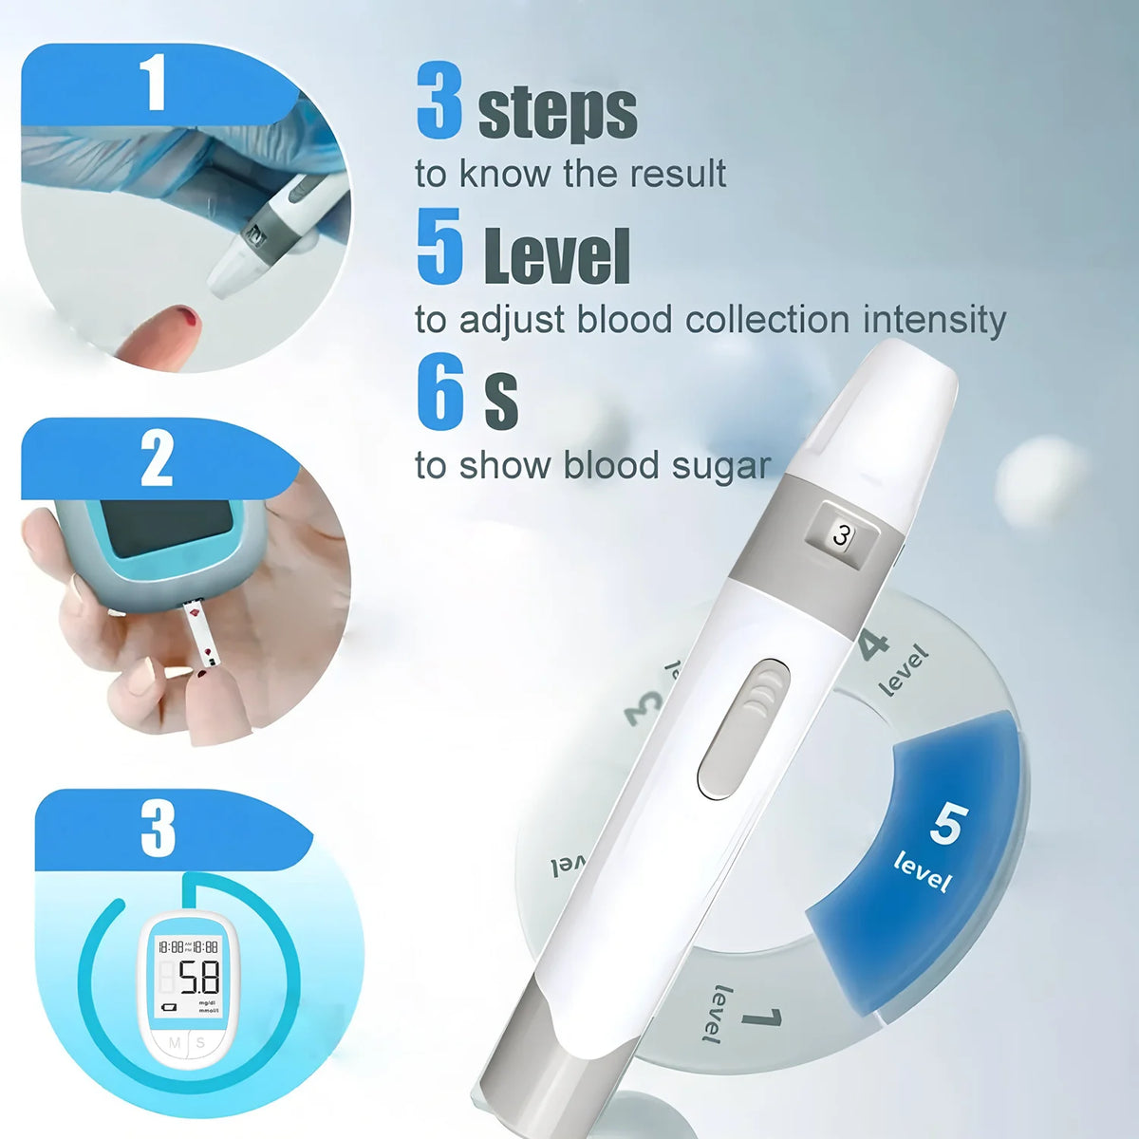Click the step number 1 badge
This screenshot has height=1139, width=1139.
tap(155, 83)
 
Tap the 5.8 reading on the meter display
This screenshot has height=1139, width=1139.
tap(198, 977)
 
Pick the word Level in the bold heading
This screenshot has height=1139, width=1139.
tap(557, 256)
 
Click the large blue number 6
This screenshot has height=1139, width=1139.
tap(440, 394)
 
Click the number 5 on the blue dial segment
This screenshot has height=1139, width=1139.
tap(944, 823)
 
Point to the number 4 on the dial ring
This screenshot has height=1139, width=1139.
tap(873, 645)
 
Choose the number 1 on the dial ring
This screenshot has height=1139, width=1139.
tap(761, 1020)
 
